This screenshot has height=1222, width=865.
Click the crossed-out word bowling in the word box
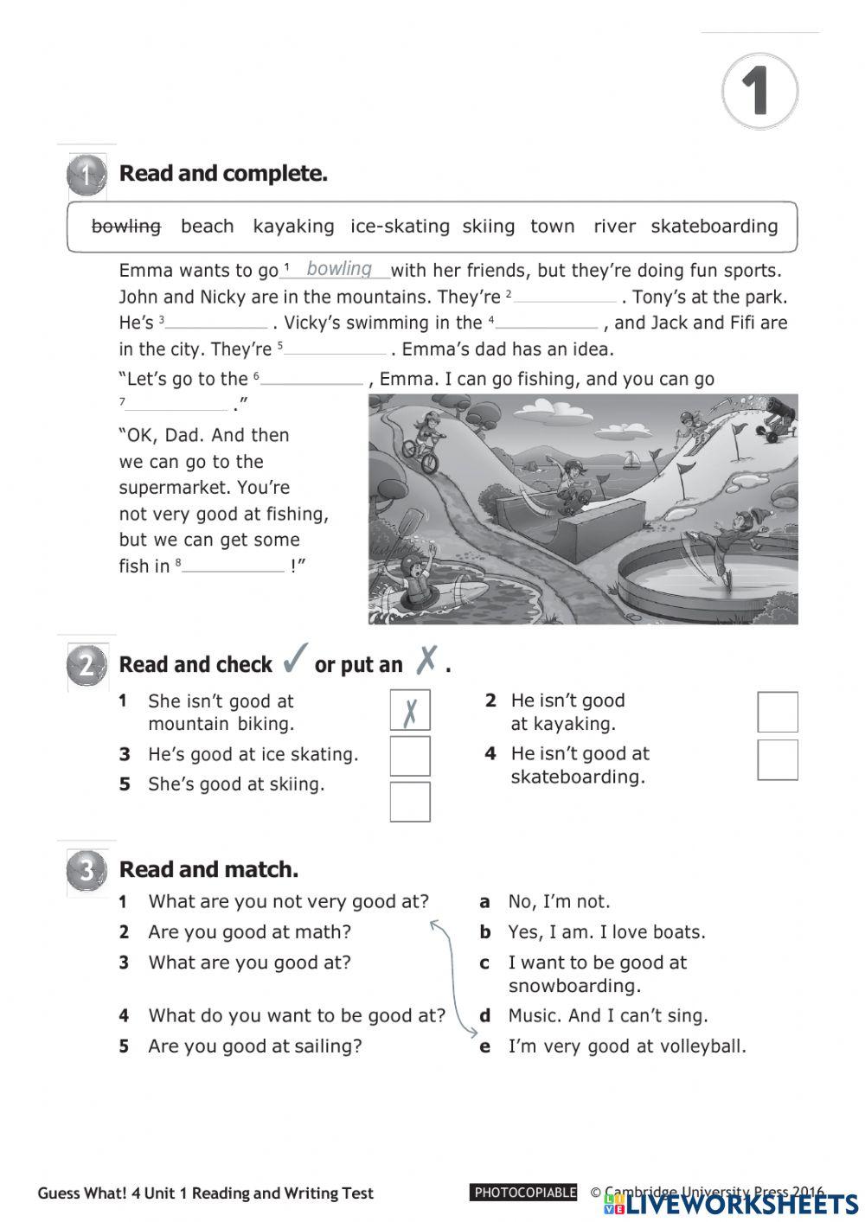tap(126, 227)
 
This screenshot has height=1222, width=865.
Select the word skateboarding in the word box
tap(714, 227)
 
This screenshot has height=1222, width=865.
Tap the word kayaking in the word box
tap(293, 227)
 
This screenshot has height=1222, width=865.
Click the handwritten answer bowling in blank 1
tap(339, 269)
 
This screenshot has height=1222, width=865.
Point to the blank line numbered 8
tap(234, 566)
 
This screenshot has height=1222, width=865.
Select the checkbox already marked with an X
tap(410, 710)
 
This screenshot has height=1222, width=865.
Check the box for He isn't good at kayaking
tap(777, 712)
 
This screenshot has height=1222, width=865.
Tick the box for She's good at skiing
tap(410, 802)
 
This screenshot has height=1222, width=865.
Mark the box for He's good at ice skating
tap(410, 755)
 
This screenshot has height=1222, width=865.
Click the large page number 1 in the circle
tap(759, 91)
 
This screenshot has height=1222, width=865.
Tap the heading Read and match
tap(208, 869)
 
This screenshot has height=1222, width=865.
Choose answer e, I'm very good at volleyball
tap(626, 1046)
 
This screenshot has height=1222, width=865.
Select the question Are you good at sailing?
tap(255, 1046)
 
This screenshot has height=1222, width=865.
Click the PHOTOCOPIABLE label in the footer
tap(524, 1193)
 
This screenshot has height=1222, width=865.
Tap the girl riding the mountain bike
tap(423, 441)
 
